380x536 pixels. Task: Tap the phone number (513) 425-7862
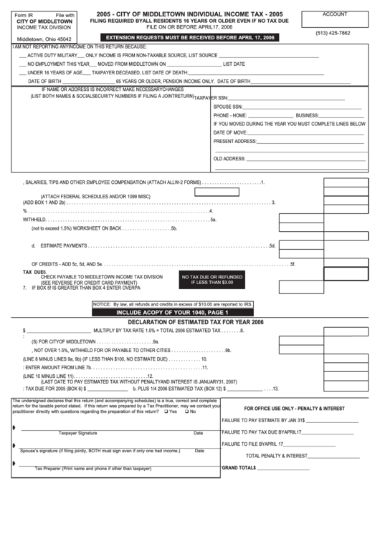point(334,33)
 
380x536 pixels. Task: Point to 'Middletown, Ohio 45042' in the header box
point(44,39)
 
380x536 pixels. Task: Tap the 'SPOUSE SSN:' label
point(228,106)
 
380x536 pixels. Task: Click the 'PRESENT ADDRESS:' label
point(235,141)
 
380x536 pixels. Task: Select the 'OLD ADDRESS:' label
point(230,158)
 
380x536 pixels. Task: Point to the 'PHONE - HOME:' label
point(230,114)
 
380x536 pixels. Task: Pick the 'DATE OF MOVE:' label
point(231,132)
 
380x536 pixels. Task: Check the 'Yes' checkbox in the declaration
point(165,412)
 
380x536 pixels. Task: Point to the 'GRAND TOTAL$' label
point(239,467)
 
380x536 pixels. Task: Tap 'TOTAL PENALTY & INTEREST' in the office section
point(276,455)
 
